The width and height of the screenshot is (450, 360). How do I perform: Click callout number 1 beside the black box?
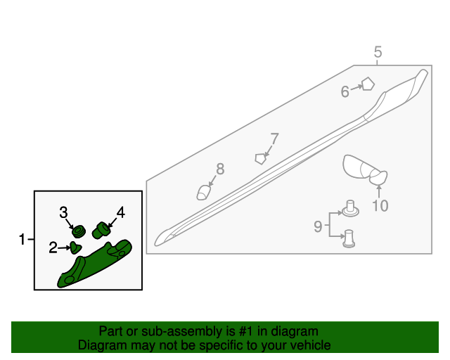(x=22, y=239)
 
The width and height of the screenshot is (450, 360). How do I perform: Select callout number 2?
(x=53, y=247)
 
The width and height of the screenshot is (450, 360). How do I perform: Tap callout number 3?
(x=63, y=212)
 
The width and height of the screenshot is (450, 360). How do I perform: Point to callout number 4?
(x=121, y=212)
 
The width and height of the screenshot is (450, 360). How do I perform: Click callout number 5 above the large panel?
(x=378, y=52)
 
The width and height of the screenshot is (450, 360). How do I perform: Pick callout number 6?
(x=345, y=91)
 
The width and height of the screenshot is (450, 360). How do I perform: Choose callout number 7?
(x=275, y=139)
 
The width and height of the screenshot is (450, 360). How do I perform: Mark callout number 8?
(x=220, y=169)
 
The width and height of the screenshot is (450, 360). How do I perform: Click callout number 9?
(x=318, y=226)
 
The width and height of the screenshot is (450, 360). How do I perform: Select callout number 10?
(x=380, y=205)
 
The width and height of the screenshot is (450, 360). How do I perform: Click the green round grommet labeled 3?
(x=78, y=231)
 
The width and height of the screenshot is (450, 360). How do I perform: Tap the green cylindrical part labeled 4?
(x=101, y=230)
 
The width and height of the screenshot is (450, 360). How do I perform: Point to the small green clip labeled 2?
(x=76, y=247)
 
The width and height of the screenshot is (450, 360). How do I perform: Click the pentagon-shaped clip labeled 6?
(x=368, y=84)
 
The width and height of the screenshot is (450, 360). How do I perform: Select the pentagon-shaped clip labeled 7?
(x=260, y=159)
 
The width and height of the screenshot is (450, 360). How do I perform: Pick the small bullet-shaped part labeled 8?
(x=204, y=193)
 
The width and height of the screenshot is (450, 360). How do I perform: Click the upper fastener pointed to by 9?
(x=350, y=209)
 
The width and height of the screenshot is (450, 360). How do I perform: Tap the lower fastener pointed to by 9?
(x=349, y=238)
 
